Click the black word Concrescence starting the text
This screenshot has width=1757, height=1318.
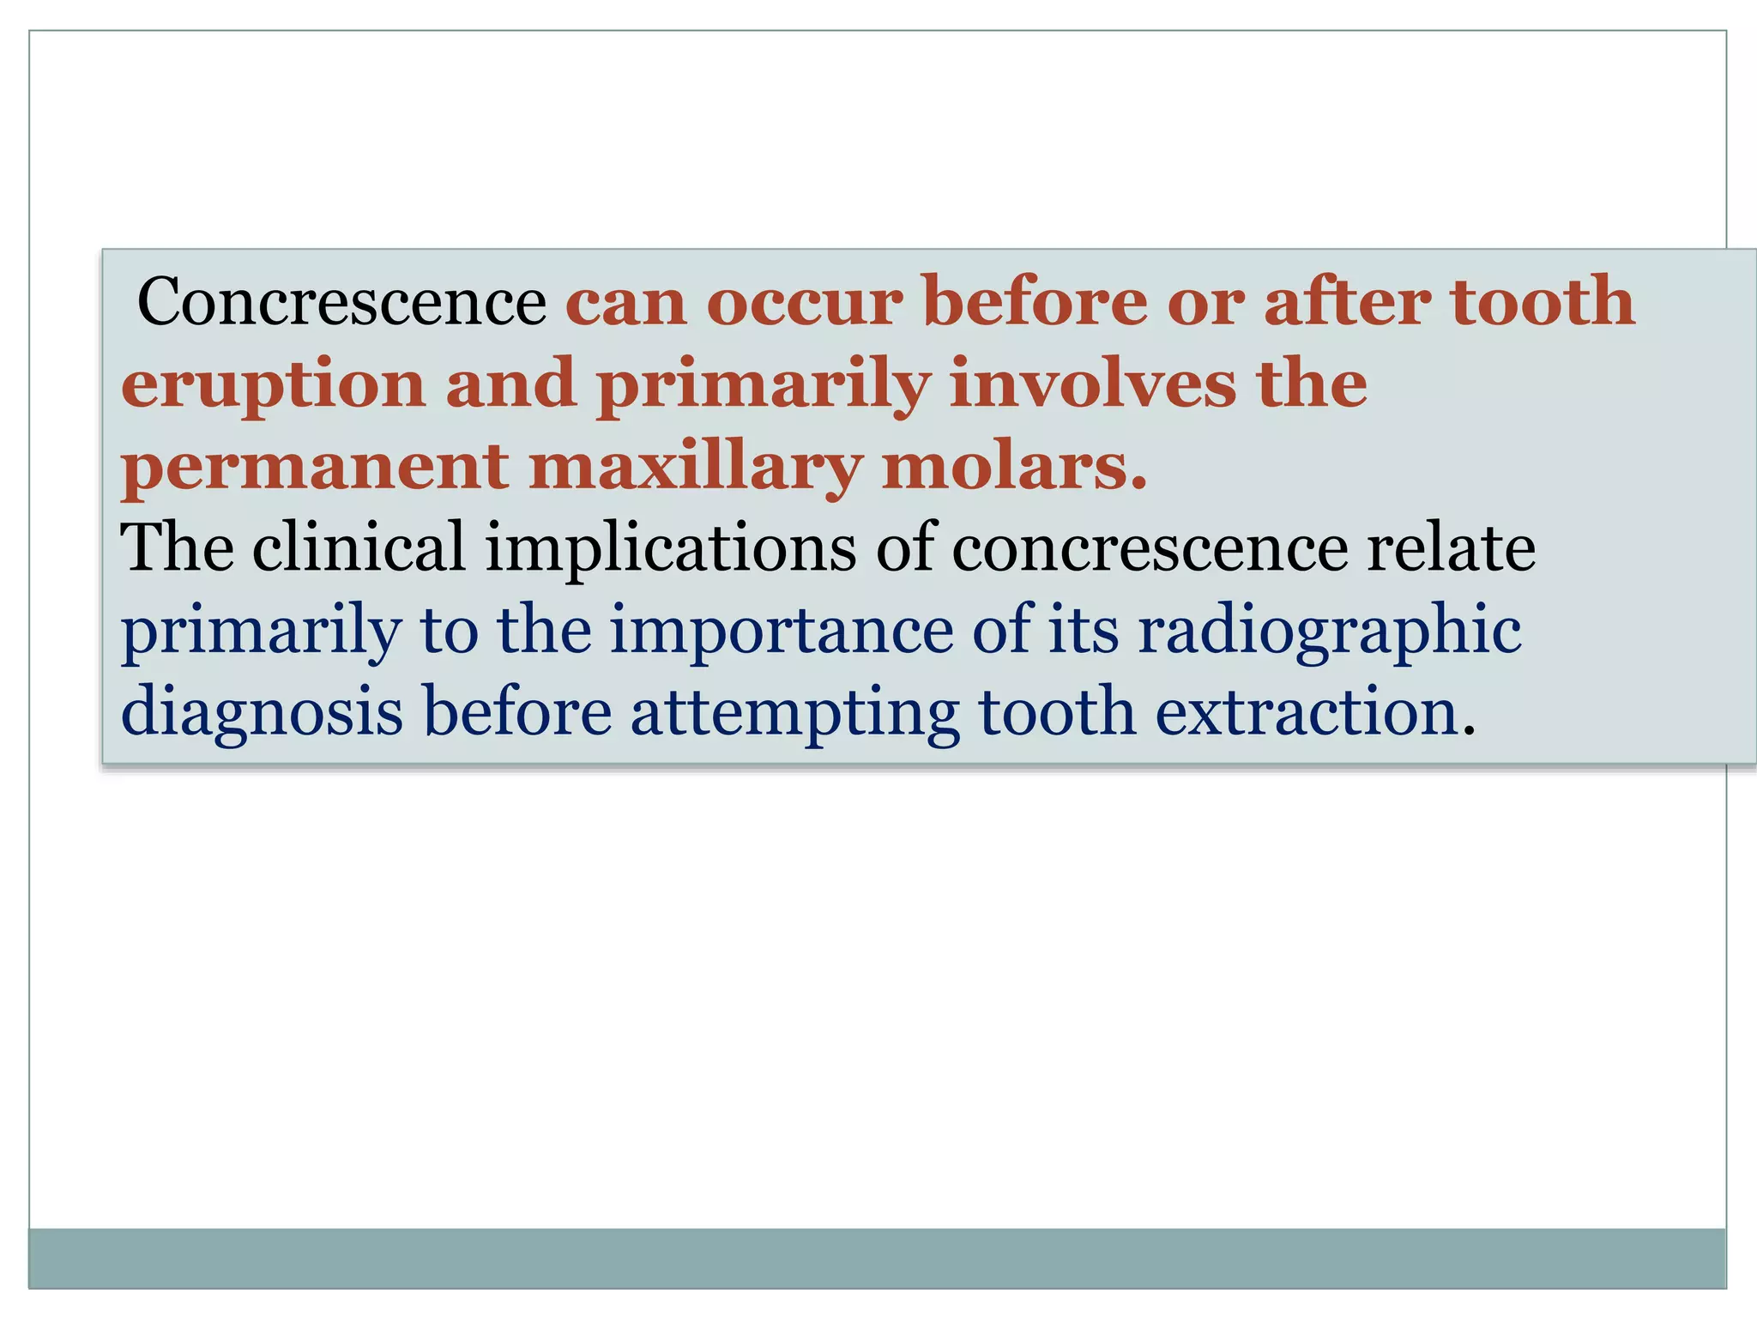pos(341,302)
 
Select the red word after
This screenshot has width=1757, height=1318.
pos(1347,302)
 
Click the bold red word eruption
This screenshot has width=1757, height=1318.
pos(273,384)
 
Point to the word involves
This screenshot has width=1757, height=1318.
pos(1092,384)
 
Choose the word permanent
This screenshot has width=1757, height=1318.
pos(315,467)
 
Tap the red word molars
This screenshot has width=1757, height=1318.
pos(1013,467)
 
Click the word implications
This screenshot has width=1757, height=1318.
pos(670,549)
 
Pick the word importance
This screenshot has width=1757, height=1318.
pos(781,632)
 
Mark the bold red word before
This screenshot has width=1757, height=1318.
pos(1035,302)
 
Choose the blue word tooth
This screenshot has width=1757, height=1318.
pos(1057,712)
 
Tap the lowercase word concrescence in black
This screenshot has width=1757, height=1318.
pos(1150,549)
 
